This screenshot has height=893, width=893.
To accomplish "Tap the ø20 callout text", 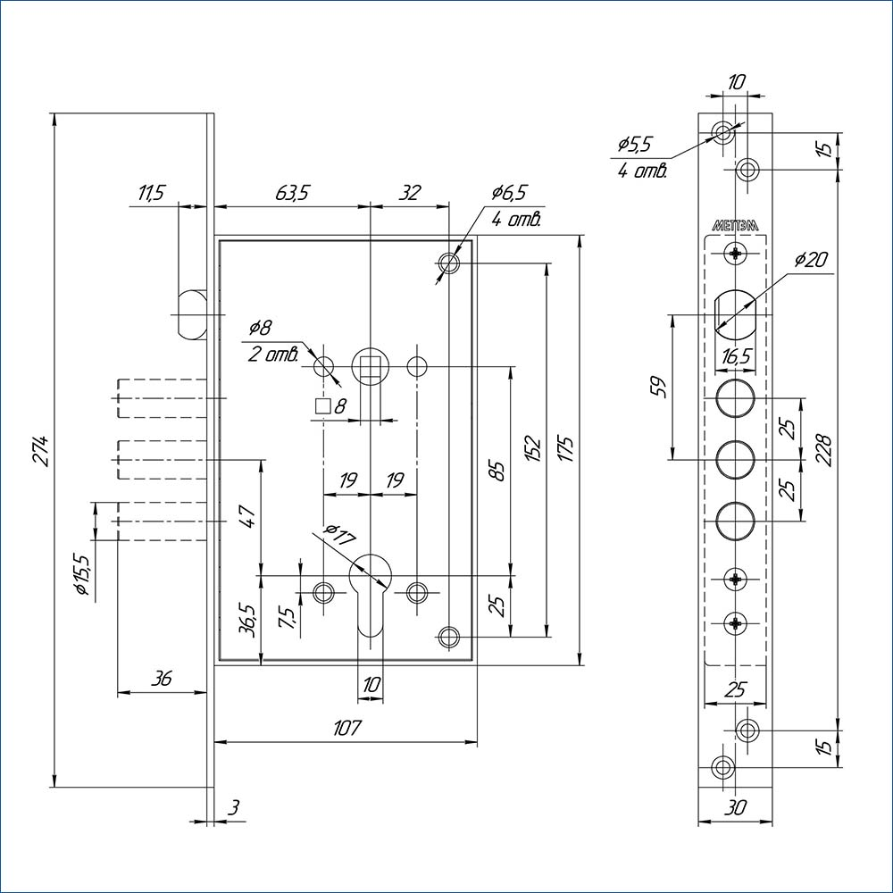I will pyautogui.click(x=810, y=261).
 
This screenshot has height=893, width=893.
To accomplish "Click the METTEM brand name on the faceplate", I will pyautogui.click(x=735, y=226).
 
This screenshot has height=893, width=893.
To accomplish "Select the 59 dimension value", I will pyautogui.click(x=657, y=388).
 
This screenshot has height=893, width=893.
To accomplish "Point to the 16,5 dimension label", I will pyautogui.click(x=735, y=356).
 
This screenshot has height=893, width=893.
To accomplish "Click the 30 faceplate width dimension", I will pyautogui.click(x=735, y=807).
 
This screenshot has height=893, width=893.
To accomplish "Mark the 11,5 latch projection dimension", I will pyautogui.click(x=152, y=193).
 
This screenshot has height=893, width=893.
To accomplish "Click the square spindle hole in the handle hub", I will pyautogui.click(x=368, y=366).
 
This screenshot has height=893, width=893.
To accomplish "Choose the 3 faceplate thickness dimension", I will pyautogui.click(x=234, y=808).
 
